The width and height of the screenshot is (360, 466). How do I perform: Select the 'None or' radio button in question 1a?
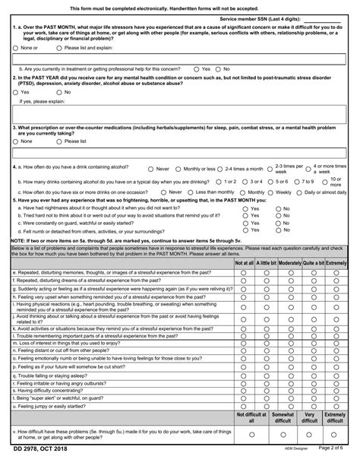click(x=16, y=48)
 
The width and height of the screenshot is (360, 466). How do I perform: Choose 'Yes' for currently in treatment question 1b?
click(x=197, y=68)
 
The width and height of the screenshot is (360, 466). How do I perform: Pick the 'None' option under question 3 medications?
click(x=16, y=141)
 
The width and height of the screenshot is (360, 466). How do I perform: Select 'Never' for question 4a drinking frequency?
click(x=150, y=169)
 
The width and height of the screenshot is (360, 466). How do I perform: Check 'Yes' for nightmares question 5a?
click(x=245, y=208)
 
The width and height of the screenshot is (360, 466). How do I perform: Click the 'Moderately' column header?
click(x=291, y=263)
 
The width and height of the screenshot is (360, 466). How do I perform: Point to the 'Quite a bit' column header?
click(x=314, y=263)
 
